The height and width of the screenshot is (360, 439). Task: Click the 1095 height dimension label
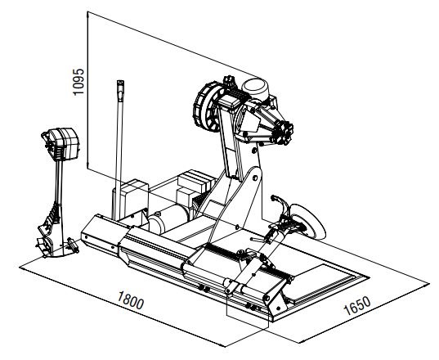[78, 82]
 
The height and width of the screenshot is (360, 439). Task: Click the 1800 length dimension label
[131, 299]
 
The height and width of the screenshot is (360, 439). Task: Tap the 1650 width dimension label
[357, 305]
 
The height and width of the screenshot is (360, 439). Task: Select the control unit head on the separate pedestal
[60, 144]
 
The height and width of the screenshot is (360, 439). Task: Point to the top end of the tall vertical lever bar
[120, 83]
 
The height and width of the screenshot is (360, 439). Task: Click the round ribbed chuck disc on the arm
[207, 106]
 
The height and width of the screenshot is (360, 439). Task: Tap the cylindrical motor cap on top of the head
[255, 89]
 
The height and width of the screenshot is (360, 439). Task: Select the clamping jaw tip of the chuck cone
[284, 133]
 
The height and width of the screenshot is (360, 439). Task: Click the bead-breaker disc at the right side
[308, 222]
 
